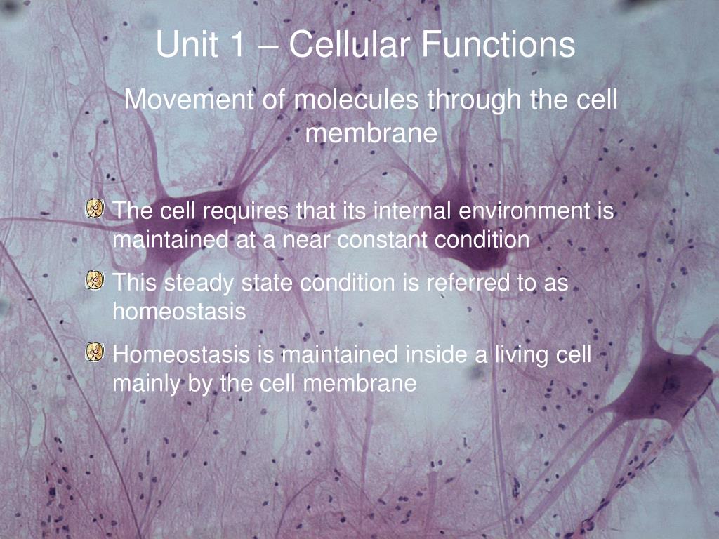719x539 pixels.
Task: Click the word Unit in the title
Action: [187, 44]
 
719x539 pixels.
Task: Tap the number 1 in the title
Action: [235, 44]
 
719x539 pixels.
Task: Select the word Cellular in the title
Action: [350, 44]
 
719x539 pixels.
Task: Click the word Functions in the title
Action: [498, 44]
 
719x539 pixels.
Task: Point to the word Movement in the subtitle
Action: [189, 100]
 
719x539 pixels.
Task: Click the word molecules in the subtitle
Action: [356, 100]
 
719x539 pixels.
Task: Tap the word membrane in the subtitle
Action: [371, 133]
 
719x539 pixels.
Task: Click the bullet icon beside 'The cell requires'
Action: [95, 208]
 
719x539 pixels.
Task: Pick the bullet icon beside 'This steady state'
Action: [95, 280]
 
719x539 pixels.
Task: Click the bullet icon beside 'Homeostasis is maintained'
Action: [95, 352]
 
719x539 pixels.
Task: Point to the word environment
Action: [524, 211]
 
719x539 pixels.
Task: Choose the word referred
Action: [468, 282]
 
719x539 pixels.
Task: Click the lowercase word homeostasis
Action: [179, 312]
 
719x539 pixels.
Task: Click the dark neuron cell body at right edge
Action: [663, 382]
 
